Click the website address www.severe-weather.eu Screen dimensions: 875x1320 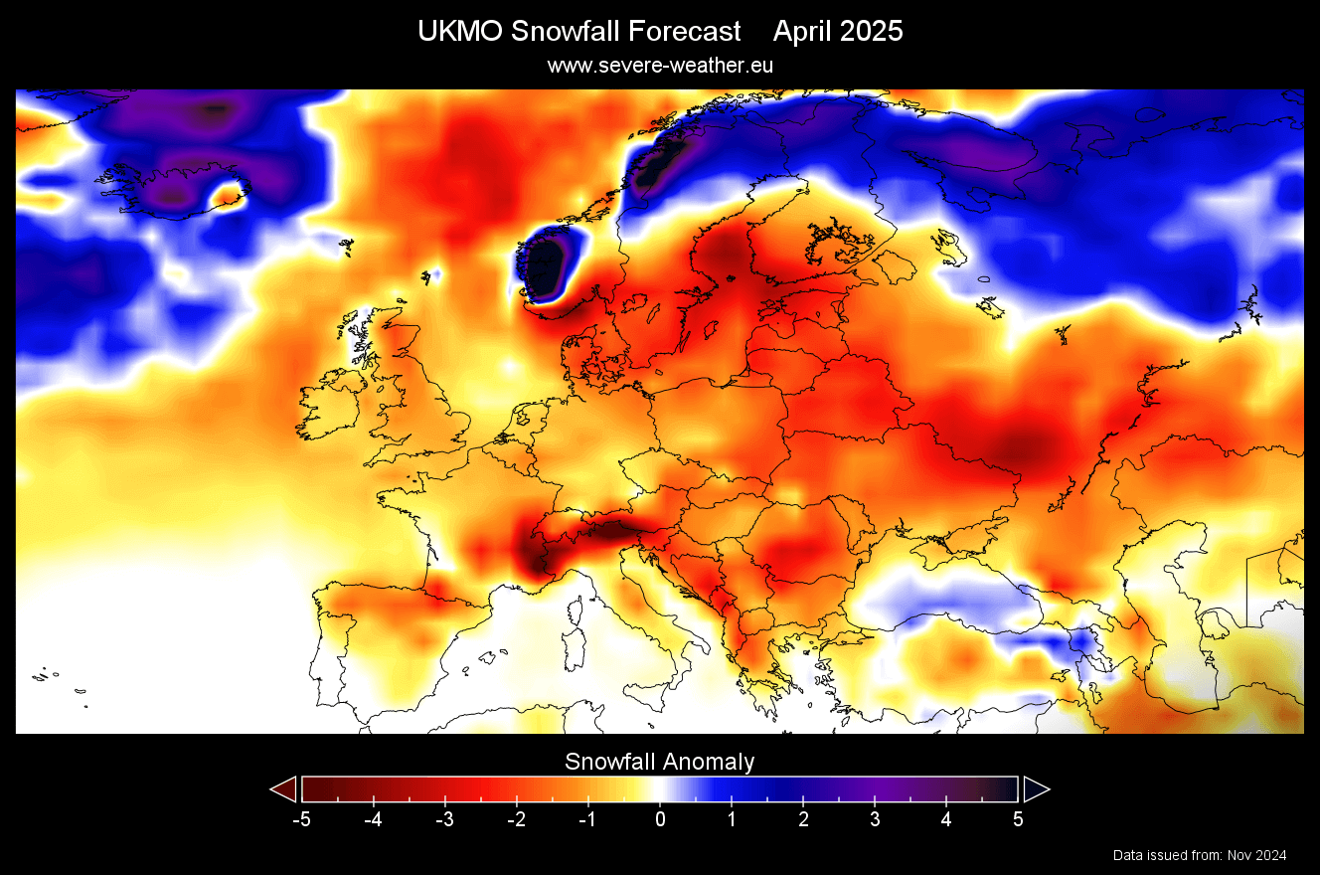659,65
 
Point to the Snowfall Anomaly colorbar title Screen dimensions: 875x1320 659,763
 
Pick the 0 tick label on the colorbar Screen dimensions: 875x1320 660,820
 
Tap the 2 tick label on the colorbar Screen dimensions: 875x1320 803,820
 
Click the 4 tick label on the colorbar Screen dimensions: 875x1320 946,820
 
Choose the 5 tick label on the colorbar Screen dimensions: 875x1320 1018,820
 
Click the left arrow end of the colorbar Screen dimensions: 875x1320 284,789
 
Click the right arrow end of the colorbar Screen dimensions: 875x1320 1036,789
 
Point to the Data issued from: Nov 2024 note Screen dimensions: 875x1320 1200,855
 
